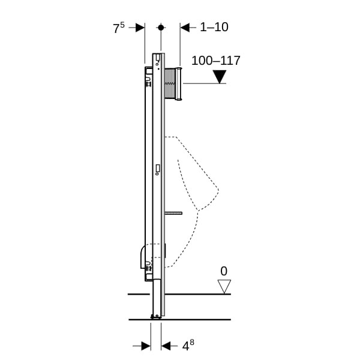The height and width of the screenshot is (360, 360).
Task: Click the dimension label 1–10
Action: (x=214, y=27)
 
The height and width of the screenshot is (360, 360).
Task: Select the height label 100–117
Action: (x=215, y=61)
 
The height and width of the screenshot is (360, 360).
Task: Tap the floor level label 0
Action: (x=224, y=271)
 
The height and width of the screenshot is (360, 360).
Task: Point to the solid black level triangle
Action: (x=220, y=77)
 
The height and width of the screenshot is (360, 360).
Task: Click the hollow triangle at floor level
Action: (x=224, y=287)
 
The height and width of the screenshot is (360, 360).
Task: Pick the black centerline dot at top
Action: (x=161, y=28)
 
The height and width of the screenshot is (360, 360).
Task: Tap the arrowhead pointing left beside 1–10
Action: (x=185, y=28)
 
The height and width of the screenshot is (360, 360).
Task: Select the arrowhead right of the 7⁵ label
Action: (x=140, y=28)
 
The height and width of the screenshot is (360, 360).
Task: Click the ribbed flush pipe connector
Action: (x=170, y=83)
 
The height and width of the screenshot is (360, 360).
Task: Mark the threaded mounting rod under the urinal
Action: (x=173, y=213)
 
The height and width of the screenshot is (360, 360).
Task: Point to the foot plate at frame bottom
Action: (x=156, y=317)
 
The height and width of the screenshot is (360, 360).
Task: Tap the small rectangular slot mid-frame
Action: (x=158, y=168)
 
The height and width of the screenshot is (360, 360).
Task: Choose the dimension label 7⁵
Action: (x=119, y=28)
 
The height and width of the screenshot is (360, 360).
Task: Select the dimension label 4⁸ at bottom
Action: (x=188, y=346)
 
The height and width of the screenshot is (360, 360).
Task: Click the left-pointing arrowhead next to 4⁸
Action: (x=166, y=346)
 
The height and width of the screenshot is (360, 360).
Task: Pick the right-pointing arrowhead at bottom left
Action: (x=146, y=346)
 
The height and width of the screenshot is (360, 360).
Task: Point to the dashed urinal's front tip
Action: (x=218, y=190)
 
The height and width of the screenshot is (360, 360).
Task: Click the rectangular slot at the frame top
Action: (x=158, y=58)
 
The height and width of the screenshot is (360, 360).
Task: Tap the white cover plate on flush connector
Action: (x=178, y=84)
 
